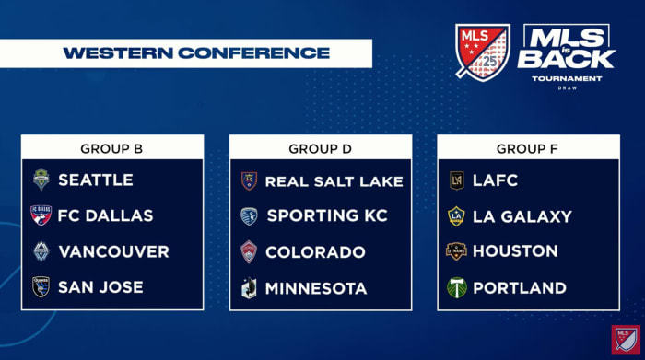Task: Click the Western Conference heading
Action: pos(195,52)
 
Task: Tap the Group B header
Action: pos(112,147)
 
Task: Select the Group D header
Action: pos(321,147)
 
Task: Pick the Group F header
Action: pos(528,147)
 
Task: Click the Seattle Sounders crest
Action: pos(41,180)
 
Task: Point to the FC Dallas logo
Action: pos(41,215)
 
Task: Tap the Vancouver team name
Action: pos(113,251)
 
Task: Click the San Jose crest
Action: pos(41,287)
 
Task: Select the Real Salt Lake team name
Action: pos(334,180)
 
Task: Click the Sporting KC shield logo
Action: pos(249,216)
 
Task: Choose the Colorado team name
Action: pos(315,252)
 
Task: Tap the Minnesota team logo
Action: pos(249,288)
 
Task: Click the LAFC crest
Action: pos(456,180)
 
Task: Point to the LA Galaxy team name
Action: pos(522,216)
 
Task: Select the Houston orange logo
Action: pos(456,251)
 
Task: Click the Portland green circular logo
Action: pos(456,287)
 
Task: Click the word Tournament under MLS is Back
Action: pos(566,79)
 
